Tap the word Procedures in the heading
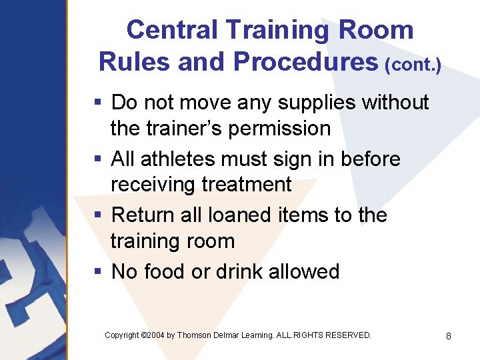click(306, 61)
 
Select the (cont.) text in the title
click(413, 64)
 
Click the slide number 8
click(449, 335)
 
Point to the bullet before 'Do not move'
click(97, 103)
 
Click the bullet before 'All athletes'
click(97, 159)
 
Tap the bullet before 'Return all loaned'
click(97, 215)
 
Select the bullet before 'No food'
click(97, 272)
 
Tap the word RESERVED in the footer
click(347, 335)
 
